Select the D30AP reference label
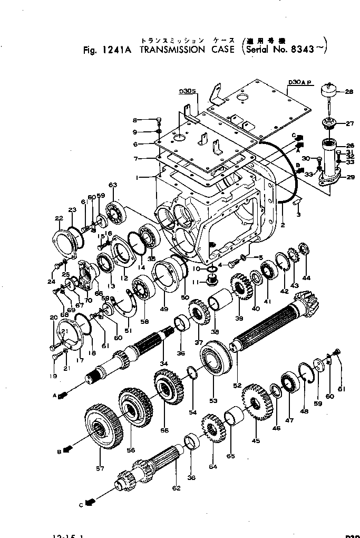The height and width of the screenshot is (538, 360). tap(301, 82)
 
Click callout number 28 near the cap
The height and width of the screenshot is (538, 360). tap(349, 92)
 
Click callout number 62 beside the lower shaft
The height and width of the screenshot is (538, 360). tap(176, 488)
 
